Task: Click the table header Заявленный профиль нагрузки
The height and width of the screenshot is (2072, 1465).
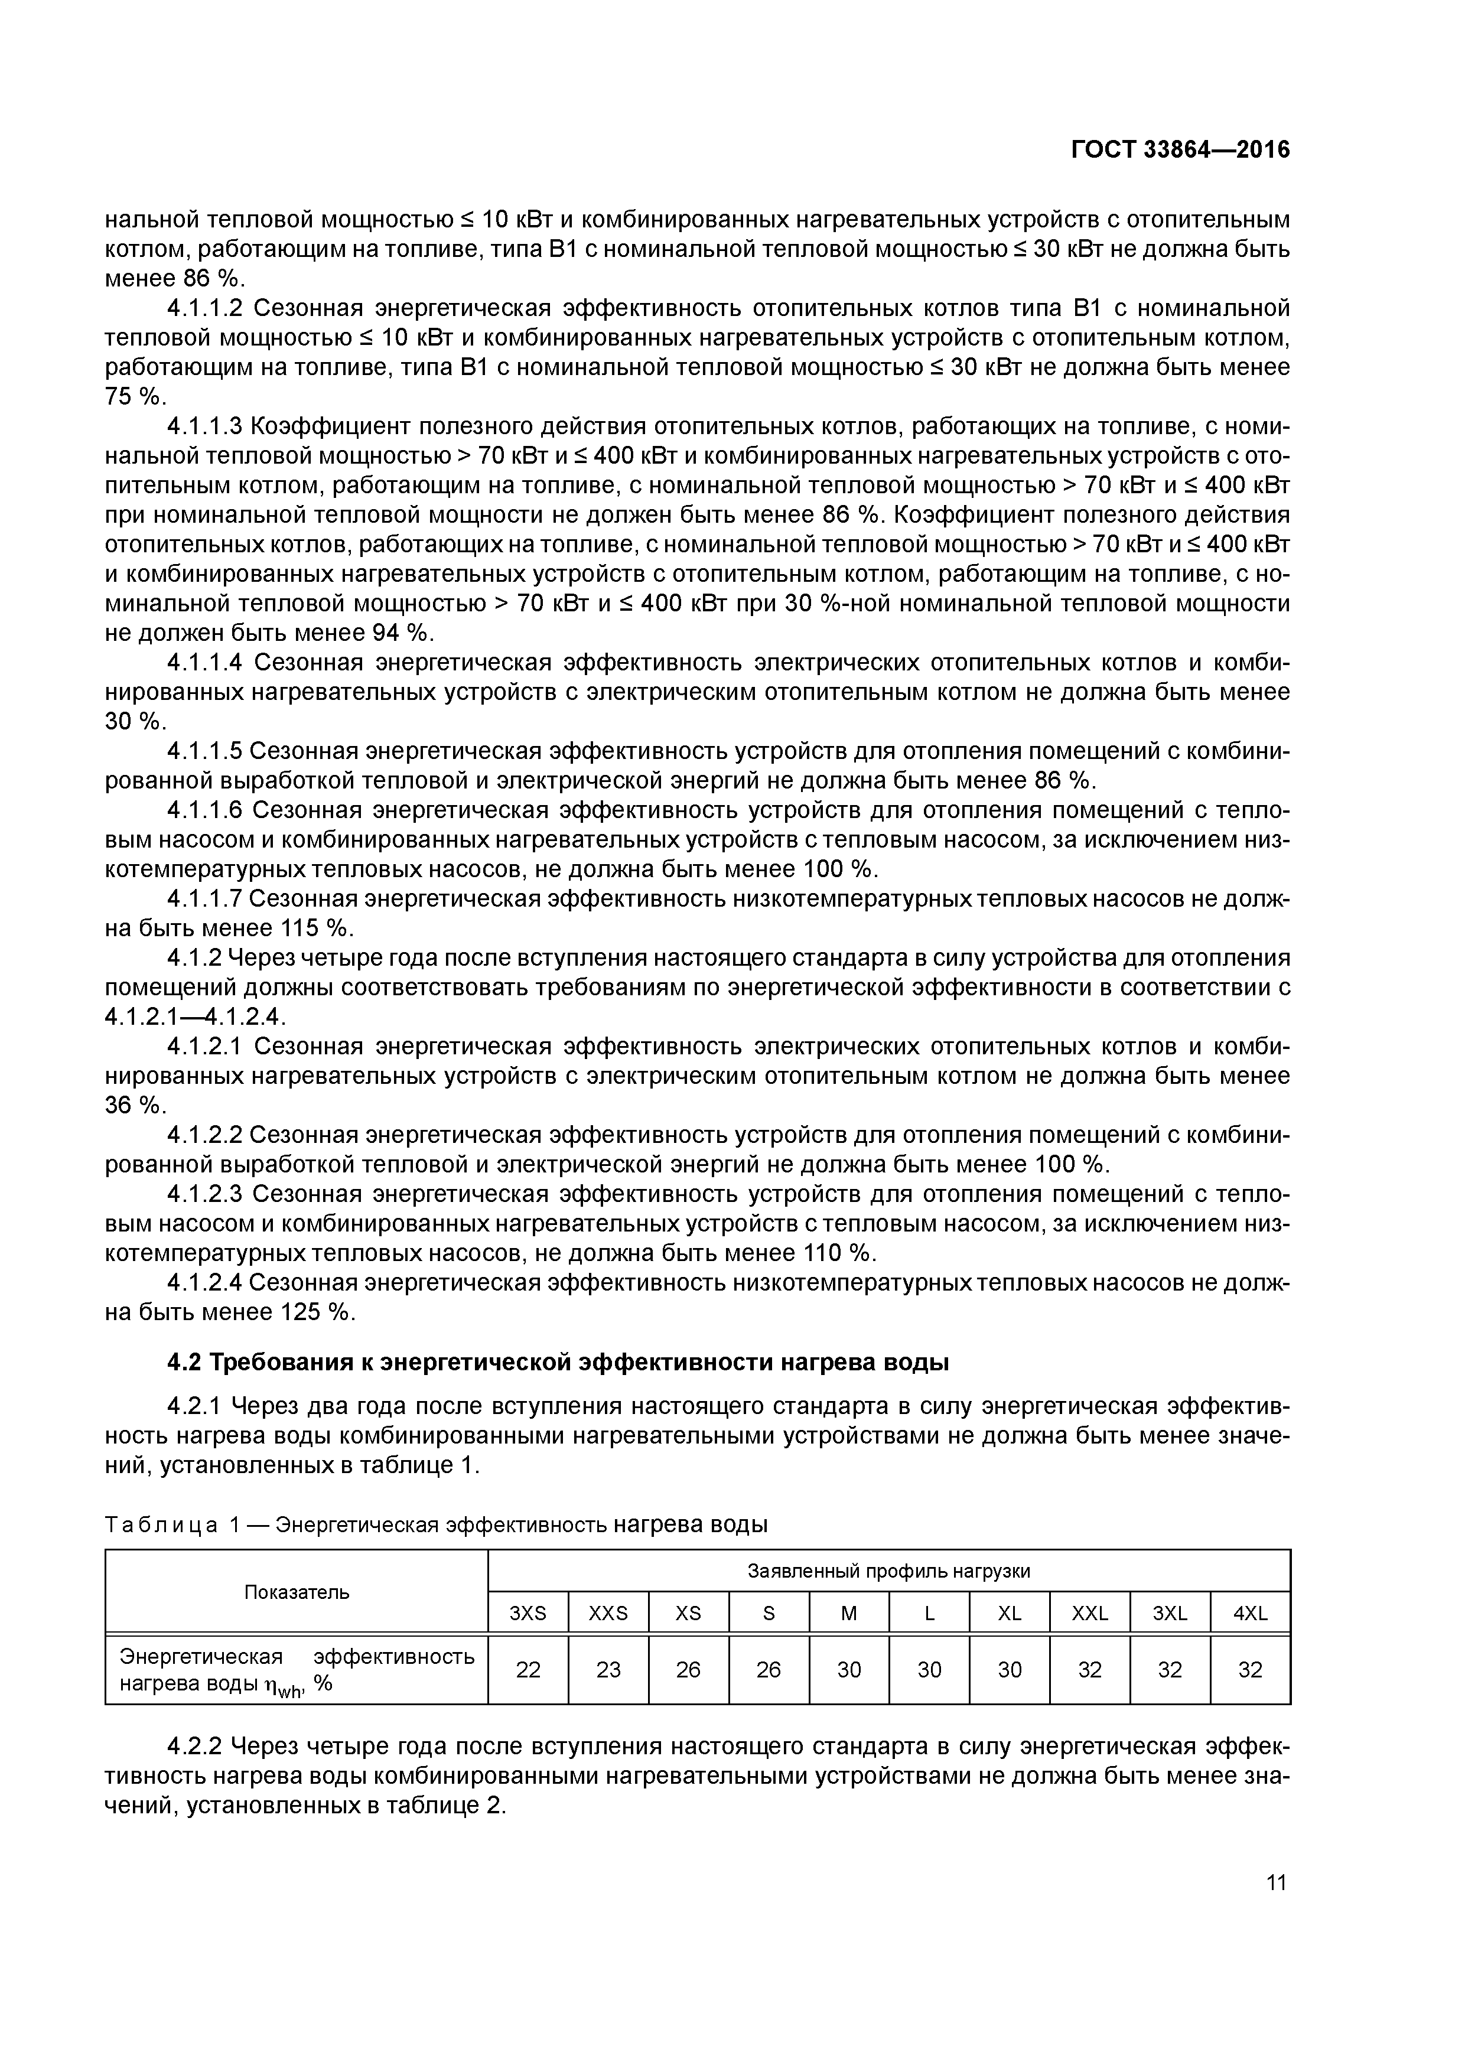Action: [x=888, y=1571]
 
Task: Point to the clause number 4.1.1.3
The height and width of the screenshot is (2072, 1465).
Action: [x=205, y=426]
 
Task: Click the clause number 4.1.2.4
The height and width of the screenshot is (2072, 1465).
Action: [x=205, y=1282]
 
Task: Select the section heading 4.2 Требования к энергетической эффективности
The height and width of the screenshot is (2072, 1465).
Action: [x=558, y=1362]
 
